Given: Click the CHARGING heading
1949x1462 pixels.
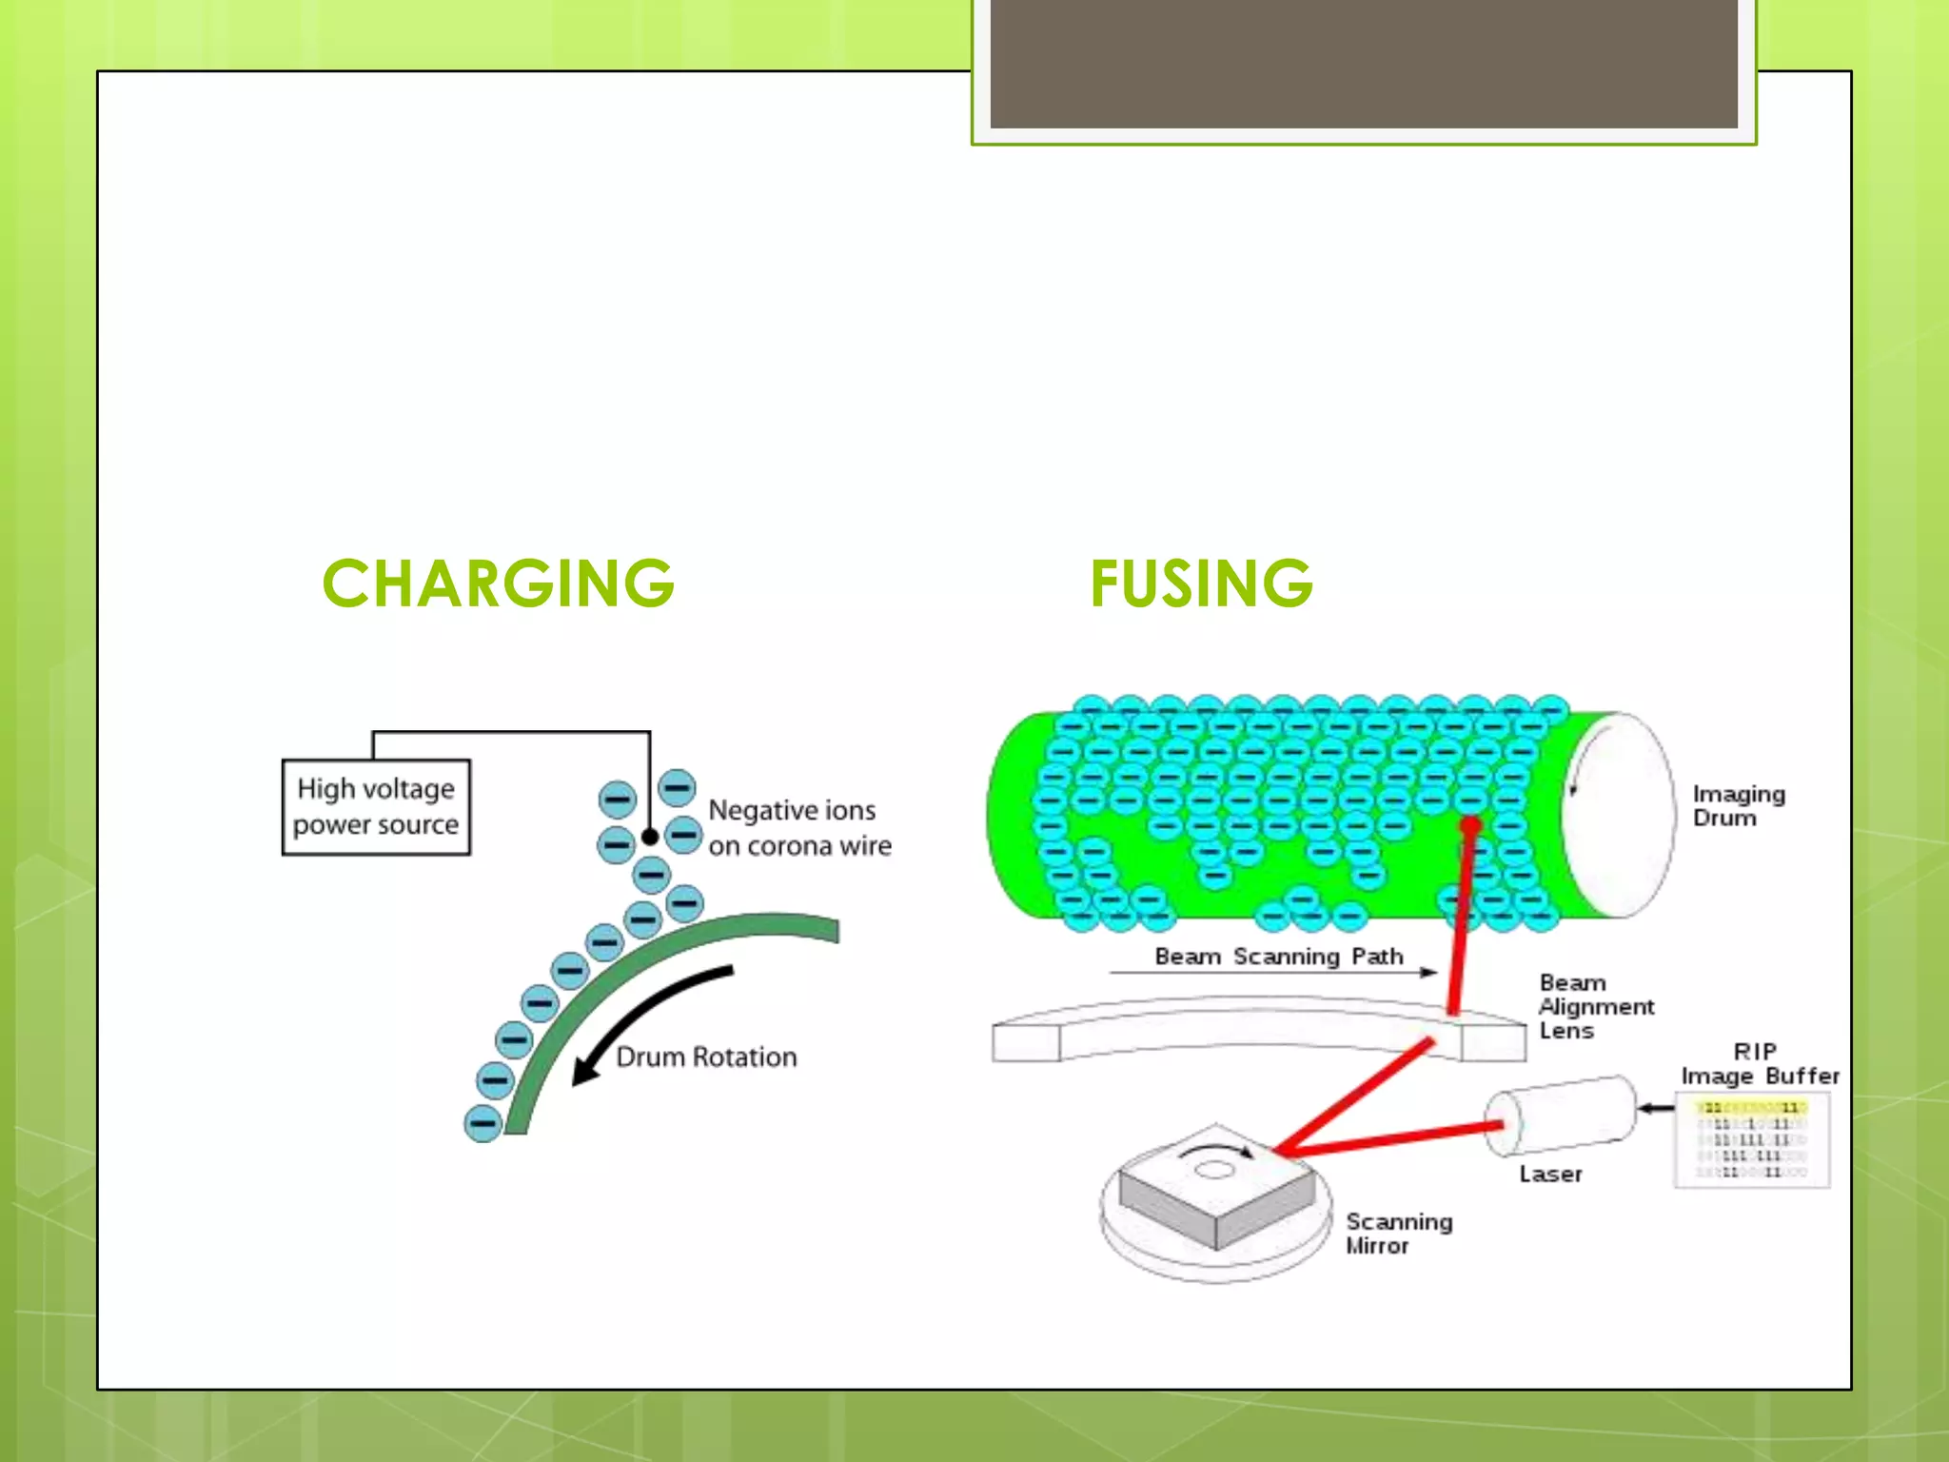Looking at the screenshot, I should [499, 583].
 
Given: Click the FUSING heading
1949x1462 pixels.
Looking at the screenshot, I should [1201, 583].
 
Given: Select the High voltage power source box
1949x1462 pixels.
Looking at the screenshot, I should [376, 807].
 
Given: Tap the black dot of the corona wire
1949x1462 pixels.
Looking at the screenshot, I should [650, 837].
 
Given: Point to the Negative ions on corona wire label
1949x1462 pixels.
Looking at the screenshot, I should [799, 828].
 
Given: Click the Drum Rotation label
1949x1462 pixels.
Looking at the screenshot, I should [706, 1057].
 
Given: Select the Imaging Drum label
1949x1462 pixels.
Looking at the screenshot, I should [1739, 805].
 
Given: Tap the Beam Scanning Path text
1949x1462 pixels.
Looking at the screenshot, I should [1278, 957].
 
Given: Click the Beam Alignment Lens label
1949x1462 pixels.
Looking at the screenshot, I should [1596, 1006].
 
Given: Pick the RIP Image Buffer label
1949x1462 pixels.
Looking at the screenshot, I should [1759, 1064].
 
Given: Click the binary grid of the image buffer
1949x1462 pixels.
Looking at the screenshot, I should [1752, 1140].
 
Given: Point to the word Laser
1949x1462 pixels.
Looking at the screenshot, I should [1550, 1175].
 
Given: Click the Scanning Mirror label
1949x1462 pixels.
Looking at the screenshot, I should [1398, 1234].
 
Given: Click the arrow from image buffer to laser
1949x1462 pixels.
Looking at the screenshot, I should [1656, 1108].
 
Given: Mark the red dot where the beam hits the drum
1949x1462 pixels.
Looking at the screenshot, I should [1470, 825].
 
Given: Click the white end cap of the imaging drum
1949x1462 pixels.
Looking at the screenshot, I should [1618, 815].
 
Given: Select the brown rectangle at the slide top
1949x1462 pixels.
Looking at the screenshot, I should [1363, 63].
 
